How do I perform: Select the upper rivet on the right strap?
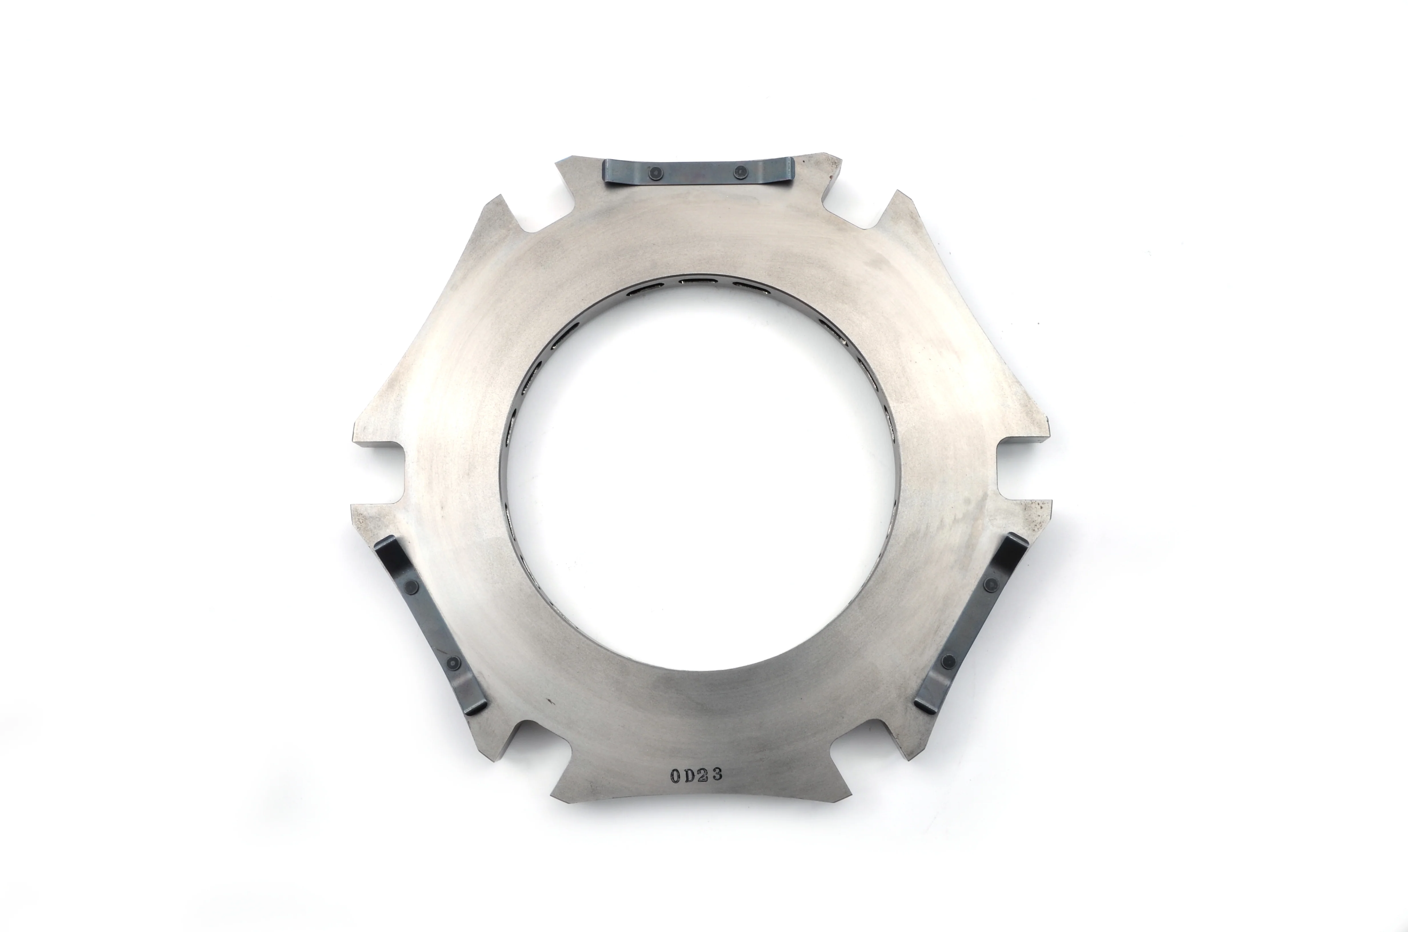point(990,585)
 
